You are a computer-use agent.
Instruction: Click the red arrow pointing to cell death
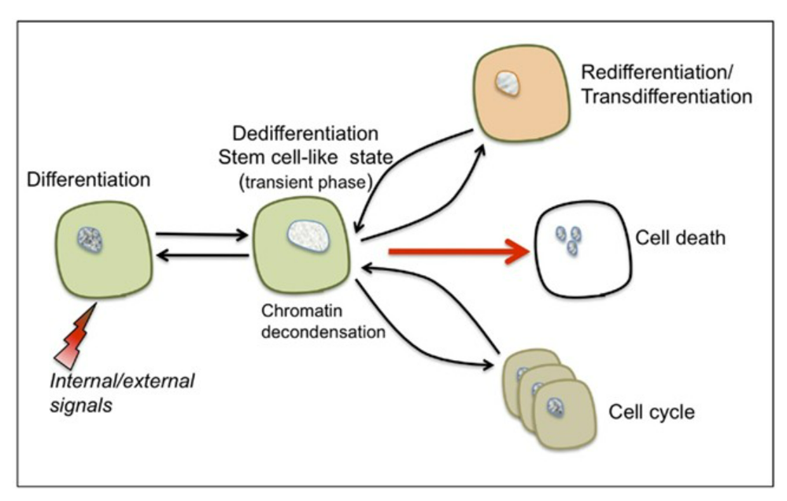(x=456, y=252)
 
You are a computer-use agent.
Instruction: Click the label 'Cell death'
(x=682, y=237)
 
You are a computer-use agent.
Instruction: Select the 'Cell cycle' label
(x=652, y=411)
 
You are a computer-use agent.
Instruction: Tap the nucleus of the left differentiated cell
(x=94, y=237)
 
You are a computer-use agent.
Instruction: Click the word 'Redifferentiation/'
(x=655, y=73)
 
